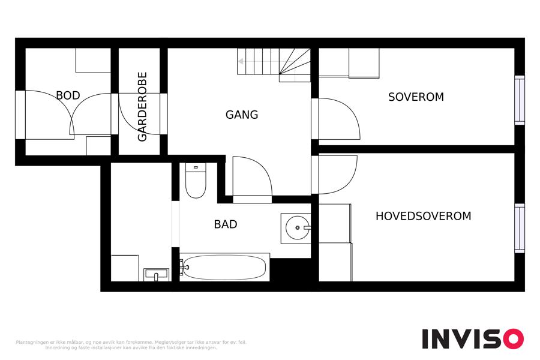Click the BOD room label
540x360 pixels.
coord(68,95)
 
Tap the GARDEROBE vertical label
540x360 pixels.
coord(142,106)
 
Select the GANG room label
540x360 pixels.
coord(242,115)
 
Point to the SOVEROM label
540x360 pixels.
coord(416,97)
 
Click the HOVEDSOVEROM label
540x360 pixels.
coord(423,216)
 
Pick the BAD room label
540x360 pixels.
coord(226,224)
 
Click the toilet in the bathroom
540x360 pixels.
coord(196,181)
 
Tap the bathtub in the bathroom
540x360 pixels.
coord(224,268)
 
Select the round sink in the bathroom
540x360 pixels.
coord(298,228)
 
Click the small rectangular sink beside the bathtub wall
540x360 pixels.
coord(157,275)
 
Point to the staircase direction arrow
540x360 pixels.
coord(258,61)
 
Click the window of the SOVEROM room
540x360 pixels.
coord(520,100)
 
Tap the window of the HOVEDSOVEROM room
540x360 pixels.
coord(520,228)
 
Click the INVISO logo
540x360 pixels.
coord(473,338)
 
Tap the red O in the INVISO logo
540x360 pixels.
coord(514,338)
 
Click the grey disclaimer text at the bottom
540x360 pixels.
coord(131,345)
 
